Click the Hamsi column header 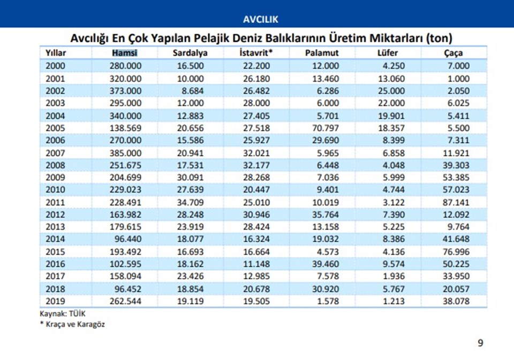coord(125,53)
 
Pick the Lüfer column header coord(387,53)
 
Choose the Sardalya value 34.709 coord(190,202)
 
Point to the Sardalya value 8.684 coord(193,90)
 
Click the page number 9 coord(480,343)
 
